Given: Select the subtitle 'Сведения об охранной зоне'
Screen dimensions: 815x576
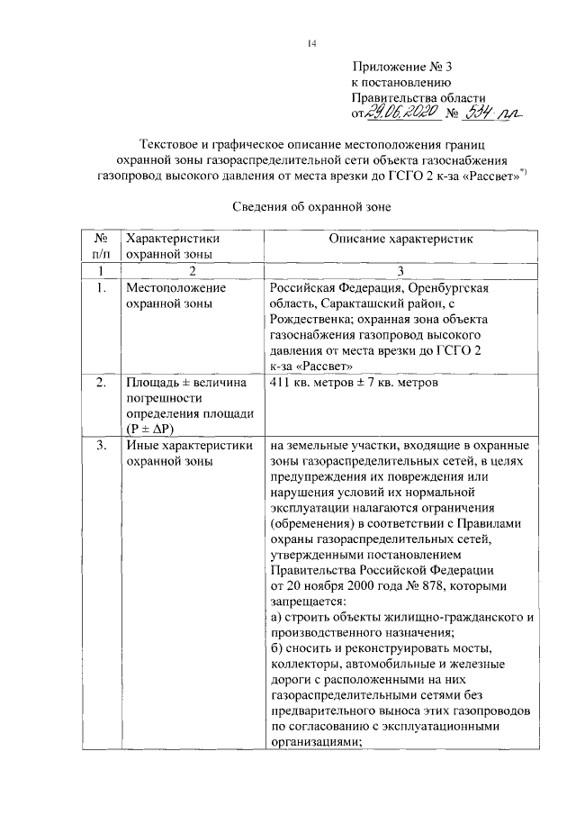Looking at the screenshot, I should (311, 206).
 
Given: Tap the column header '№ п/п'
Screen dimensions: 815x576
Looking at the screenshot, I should (101, 246).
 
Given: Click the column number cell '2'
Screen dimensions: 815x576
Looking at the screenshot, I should (192, 270).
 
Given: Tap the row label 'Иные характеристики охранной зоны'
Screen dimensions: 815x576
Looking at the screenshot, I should (186, 453).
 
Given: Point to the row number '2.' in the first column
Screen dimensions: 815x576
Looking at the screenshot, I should (101, 383).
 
